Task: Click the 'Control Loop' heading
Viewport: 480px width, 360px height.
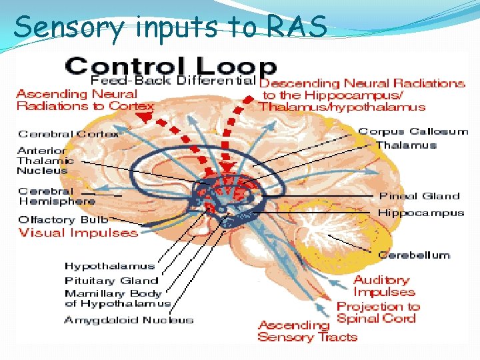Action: [x=171, y=66]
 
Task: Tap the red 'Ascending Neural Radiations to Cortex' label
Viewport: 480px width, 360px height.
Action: [x=85, y=100]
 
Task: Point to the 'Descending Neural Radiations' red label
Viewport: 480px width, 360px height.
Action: [x=362, y=95]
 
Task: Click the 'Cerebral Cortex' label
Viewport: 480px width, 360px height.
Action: [x=68, y=134]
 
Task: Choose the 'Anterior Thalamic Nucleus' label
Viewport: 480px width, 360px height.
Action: [x=45, y=160]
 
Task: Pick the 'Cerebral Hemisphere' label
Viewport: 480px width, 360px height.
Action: [x=57, y=196]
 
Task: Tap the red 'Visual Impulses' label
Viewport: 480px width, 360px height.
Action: [x=78, y=233]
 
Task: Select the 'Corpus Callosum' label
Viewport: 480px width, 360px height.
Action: [x=413, y=131]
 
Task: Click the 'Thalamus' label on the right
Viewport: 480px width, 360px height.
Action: [x=406, y=145]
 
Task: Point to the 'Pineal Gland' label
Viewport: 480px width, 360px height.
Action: [x=419, y=196]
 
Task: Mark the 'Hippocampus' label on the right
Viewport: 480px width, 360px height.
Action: [x=421, y=213]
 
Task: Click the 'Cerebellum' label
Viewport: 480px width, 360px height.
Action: [x=413, y=255]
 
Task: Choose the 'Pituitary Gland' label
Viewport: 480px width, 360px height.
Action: [x=111, y=281]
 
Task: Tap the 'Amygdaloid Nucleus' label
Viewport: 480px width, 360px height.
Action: [x=129, y=320]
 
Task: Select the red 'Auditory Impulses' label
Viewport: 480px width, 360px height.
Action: [x=383, y=286]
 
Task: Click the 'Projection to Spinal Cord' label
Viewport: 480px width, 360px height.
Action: [x=378, y=313]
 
